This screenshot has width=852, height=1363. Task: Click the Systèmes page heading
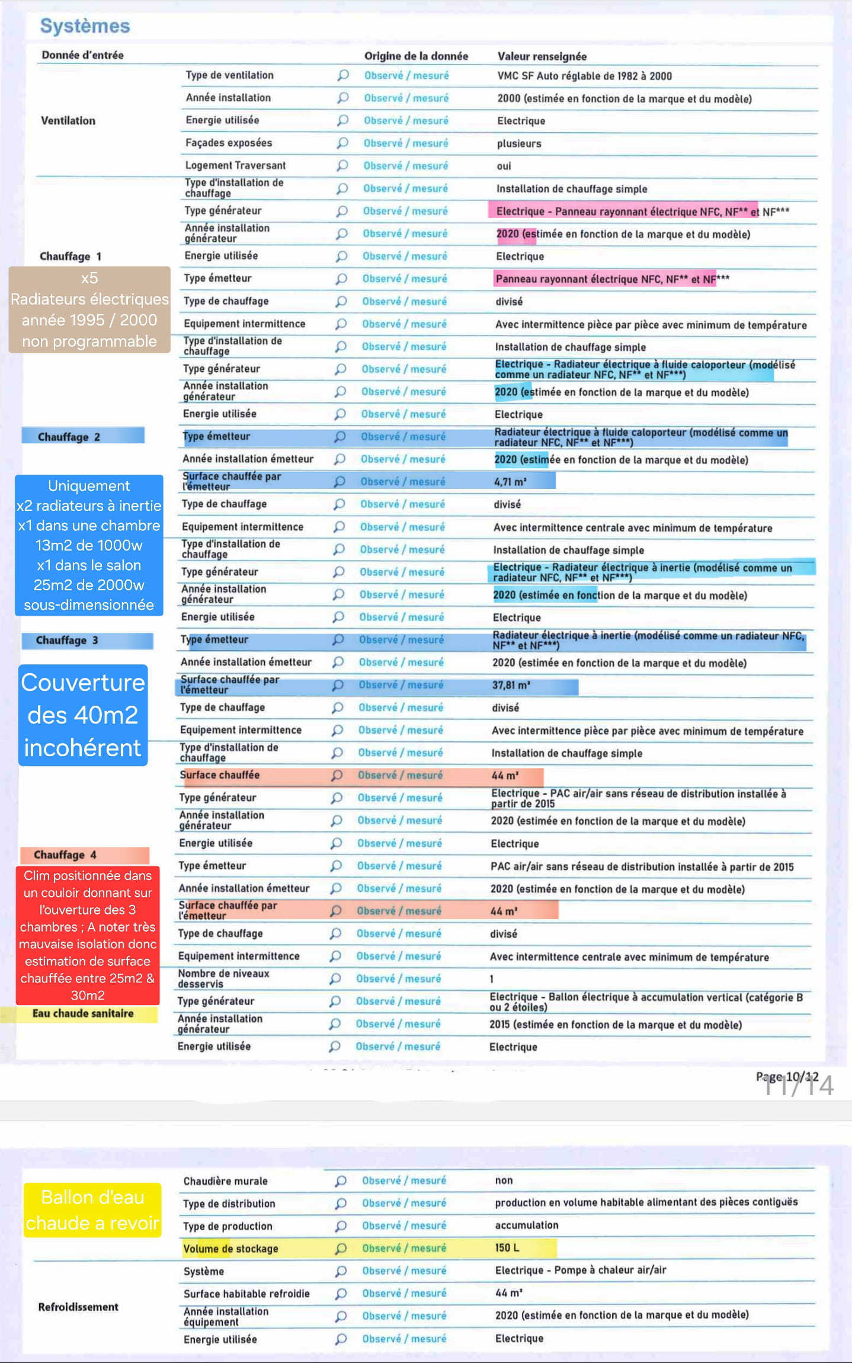(x=85, y=26)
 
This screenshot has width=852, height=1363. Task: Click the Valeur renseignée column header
(x=542, y=56)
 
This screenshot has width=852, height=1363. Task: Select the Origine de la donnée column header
(x=415, y=56)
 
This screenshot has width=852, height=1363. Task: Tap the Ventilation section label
(x=68, y=120)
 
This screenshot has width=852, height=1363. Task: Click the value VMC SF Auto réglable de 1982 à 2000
(x=584, y=76)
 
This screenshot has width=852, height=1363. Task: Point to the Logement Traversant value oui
(x=504, y=166)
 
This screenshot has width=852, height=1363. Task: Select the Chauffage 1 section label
(x=70, y=256)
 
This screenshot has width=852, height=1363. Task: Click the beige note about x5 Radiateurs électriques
(x=89, y=310)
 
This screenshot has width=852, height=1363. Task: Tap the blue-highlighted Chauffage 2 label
(x=69, y=437)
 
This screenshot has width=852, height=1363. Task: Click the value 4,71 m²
(x=510, y=482)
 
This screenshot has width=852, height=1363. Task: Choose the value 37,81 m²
(x=511, y=685)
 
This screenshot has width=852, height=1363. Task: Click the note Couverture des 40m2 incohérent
(x=83, y=715)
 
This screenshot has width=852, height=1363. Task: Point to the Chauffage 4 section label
(x=65, y=855)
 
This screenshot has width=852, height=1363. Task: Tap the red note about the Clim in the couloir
(x=88, y=935)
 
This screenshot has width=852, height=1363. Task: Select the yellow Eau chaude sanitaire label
(x=83, y=1013)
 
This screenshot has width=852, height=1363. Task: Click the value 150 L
(x=507, y=1247)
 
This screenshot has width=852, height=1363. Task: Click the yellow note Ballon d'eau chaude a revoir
(x=92, y=1210)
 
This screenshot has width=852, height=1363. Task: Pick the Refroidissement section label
(x=78, y=1307)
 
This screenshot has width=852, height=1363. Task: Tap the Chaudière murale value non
(x=504, y=1180)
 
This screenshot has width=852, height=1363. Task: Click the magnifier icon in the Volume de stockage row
(x=341, y=1248)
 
